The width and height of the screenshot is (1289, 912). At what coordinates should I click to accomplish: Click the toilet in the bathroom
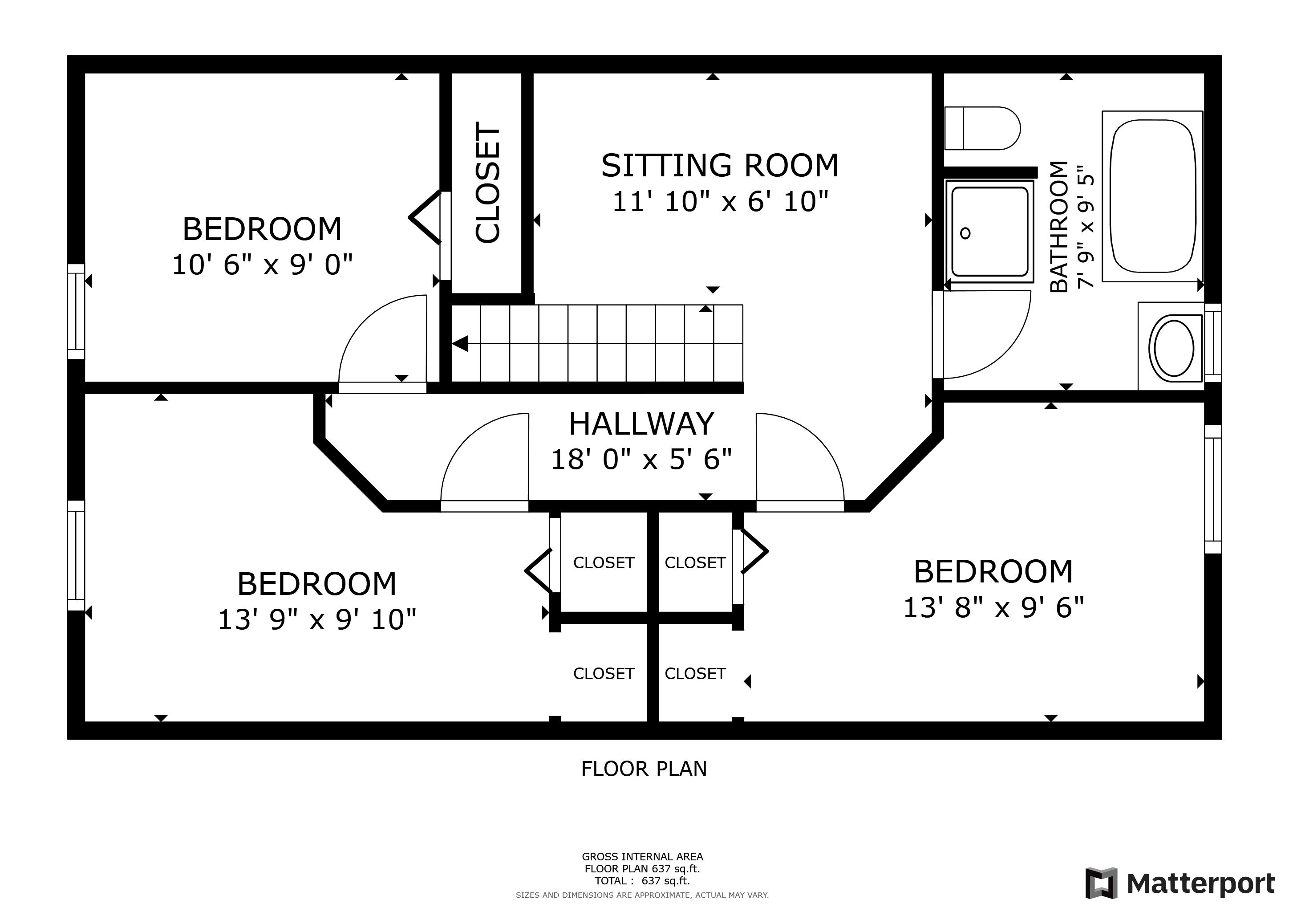click(x=982, y=128)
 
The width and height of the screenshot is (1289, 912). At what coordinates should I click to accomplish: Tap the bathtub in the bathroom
click(x=1152, y=196)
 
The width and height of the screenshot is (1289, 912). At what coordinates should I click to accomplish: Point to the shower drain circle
click(x=965, y=233)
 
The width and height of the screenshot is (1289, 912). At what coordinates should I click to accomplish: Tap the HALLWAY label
click(x=642, y=424)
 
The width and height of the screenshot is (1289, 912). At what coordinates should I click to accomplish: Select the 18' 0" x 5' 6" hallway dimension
click(x=642, y=460)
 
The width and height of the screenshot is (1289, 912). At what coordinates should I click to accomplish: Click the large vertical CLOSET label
click(x=487, y=183)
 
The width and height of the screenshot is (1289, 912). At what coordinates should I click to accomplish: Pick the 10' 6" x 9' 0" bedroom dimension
click(x=262, y=265)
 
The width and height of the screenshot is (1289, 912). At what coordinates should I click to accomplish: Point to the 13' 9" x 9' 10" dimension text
click(x=317, y=620)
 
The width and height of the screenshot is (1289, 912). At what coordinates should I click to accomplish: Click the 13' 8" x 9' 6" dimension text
click(x=993, y=607)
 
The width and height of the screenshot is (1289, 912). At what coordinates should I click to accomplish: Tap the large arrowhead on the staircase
click(x=460, y=343)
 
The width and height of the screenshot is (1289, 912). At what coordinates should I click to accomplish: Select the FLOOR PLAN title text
click(x=644, y=769)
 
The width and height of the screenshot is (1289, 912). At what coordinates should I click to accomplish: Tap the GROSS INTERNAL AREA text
click(x=642, y=856)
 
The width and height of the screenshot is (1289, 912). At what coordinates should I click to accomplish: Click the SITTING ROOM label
click(x=720, y=166)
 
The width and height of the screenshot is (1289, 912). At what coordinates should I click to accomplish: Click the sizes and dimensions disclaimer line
click(x=642, y=895)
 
